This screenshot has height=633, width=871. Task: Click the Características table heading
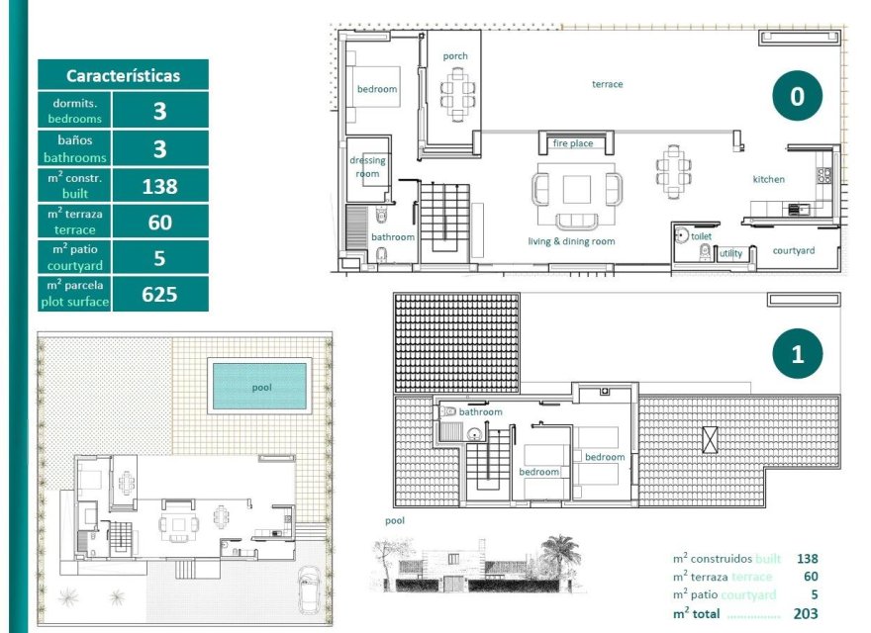[123, 75]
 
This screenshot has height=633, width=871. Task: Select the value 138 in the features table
[159, 185]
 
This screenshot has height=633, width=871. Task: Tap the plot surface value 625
[159, 294]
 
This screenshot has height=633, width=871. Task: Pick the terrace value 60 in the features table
[159, 222]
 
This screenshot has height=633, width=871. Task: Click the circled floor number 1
[797, 354]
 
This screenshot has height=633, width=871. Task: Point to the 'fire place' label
[573, 143]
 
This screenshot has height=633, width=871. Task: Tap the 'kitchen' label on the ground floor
[769, 179]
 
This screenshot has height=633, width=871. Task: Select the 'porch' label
[455, 56]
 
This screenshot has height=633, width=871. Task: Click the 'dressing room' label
[367, 167]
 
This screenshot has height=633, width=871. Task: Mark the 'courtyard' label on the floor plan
[794, 250]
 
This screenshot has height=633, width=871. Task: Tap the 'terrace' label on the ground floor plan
[608, 84]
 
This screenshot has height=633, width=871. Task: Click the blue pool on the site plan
[260, 387]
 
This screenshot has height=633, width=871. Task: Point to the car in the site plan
[309, 590]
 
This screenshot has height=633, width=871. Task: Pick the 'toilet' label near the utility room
[701, 237]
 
